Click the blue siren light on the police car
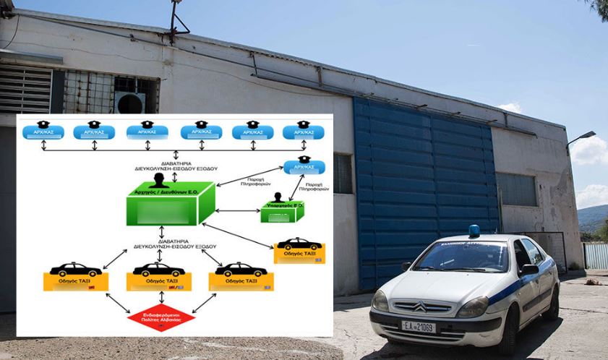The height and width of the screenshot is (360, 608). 474,231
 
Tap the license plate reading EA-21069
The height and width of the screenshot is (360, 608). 419,327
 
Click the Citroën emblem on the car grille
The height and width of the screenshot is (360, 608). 420,307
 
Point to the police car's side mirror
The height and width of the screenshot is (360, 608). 529,270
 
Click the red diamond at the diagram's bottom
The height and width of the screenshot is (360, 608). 161,316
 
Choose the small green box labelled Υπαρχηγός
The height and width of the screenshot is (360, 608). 278,213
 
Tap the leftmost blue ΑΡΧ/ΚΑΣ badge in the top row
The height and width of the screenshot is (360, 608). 43,131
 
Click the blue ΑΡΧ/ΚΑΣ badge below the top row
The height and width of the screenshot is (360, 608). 304,166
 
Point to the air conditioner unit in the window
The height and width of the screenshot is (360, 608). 130,102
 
